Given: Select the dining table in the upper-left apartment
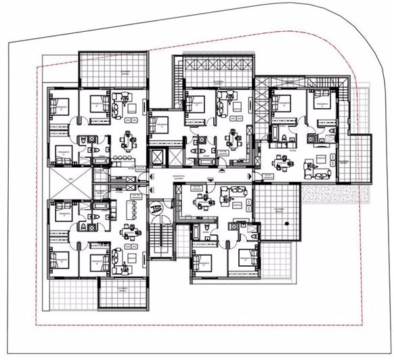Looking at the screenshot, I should point(128,141).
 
